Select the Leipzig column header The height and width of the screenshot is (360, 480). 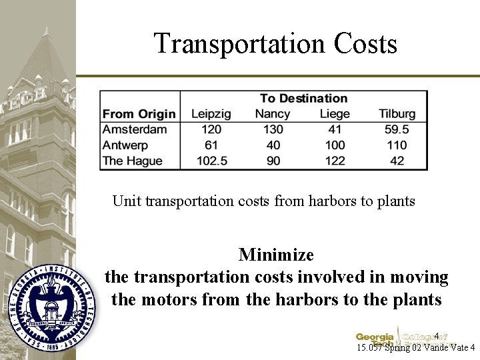pyautogui.click(x=211, y=114)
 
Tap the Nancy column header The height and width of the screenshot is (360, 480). pyautogui.click(x=273, y=114)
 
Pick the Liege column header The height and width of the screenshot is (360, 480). pyautogui.click(x=335, y=114)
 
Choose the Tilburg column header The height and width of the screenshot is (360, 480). pyautogui.click(x=397, y=114)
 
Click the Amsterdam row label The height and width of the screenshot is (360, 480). pyautogui.click(x=135, y=129)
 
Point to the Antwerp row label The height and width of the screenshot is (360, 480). pyautogui.click(x=125, y=145)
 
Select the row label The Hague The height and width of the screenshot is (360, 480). pyautogui.click(x=133, y=161)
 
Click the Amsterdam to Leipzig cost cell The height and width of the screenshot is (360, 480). pyautogui.click(x=211, y=129)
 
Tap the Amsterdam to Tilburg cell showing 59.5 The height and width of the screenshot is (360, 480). pyautogui.click(x=397, y=129)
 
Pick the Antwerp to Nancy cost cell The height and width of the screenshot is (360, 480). pyautogui.click(x=273, y=145)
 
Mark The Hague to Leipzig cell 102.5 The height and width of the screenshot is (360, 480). pyautogui.click(x=211, y=161)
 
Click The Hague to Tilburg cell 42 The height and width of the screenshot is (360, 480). pyautogui.click(x=397, y=161)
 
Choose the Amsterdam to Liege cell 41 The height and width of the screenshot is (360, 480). pyautogui.click(x=335, y=129)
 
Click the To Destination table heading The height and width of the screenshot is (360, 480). pyautogui.click(x=303, y=99)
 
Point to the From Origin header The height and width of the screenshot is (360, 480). pyautogui.click(x=139, y=114)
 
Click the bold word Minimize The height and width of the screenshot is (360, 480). pyautogui.click(x=276, y=255)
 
